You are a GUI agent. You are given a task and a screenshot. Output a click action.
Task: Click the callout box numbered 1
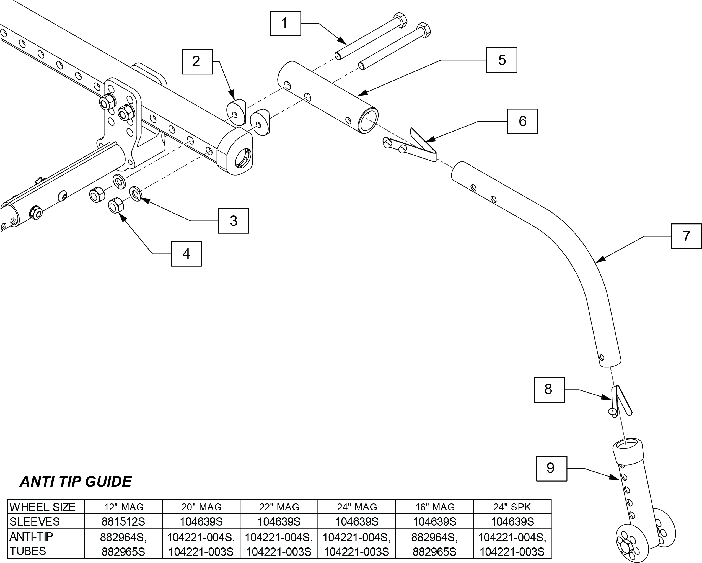[286, 24]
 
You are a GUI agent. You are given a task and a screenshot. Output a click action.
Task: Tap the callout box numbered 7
[686, 236]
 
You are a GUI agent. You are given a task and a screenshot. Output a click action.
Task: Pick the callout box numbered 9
[551, 469]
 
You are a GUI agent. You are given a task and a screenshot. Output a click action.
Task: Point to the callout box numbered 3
[234, 221]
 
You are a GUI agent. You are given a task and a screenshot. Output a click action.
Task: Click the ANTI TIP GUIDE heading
[76, 482]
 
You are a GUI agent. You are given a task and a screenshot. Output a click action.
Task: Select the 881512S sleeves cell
[123, 522]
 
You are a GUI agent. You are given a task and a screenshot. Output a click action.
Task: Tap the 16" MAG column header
[435, 507]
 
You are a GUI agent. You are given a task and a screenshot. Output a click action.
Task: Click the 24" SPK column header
[512, 507]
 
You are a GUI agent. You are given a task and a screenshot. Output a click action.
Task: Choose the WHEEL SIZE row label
[43, 507]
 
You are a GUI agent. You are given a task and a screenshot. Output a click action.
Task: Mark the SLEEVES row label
[35, 522]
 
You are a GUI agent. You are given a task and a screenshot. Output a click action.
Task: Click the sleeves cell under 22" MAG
[279, 522]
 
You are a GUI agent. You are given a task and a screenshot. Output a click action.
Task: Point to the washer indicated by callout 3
[136, 194]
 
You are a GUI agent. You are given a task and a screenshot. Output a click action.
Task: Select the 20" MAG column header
[201, 507]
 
